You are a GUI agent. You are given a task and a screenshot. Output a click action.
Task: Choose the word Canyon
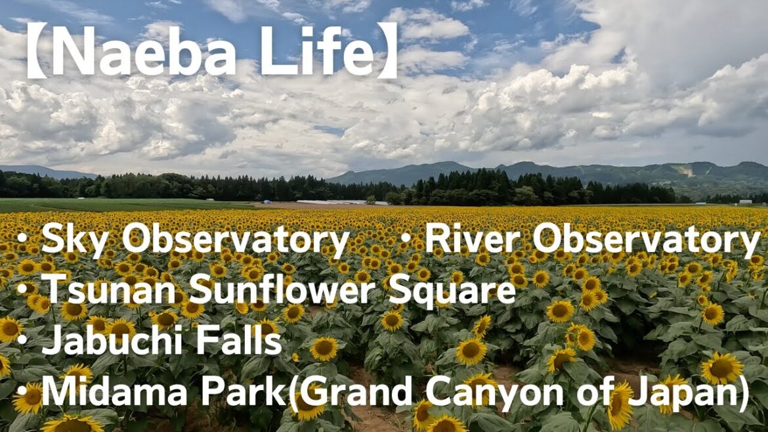click(488, 393)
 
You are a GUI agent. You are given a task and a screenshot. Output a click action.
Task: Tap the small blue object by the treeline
click(266, 201)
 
